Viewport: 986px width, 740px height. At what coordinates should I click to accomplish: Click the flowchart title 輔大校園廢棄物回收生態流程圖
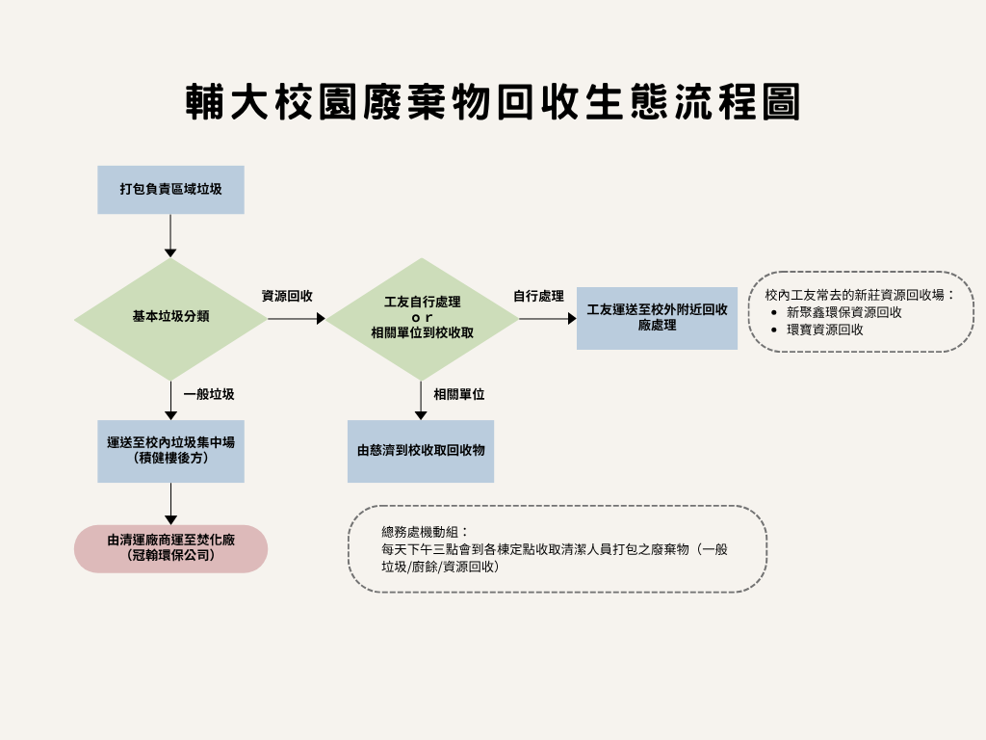(x=493, y=102)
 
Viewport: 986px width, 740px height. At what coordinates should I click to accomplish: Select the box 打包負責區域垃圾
(x=170, y=190)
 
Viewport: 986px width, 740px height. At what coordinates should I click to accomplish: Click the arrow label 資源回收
(x=287, y=296)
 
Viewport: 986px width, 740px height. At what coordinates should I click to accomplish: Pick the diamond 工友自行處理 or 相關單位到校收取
(x=422, y=318)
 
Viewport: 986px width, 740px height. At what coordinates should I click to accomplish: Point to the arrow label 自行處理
(x=538, y=296)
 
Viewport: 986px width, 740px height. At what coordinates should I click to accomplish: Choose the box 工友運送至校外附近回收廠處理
(x=657, y=318)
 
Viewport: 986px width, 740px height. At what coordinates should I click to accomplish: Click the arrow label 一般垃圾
(x=209, y=394)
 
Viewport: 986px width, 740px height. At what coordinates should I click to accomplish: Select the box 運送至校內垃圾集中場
(x=170, y=451)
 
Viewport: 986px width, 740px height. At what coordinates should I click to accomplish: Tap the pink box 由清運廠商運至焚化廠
(x=170, y=548)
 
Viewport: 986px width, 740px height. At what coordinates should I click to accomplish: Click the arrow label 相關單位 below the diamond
(x=458, y=394)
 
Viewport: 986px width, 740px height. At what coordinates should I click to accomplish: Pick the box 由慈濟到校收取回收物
(x=421, y=451)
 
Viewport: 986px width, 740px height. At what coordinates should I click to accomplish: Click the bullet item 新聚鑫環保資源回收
(x=843, y=312)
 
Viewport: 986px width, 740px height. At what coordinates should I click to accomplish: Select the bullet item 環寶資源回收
(x=824, y=330)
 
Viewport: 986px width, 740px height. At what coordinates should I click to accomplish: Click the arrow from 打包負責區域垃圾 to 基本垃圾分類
(x=170, y=235)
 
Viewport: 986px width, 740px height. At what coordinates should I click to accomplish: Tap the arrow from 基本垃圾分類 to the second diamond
(x=297, y=318)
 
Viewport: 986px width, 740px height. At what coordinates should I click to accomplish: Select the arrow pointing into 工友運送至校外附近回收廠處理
(x=547, y=318)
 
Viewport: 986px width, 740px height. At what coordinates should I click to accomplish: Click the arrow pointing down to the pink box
(x=170, y=503)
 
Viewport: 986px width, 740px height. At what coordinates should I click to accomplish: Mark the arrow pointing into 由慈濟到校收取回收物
(x=421, y=400)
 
